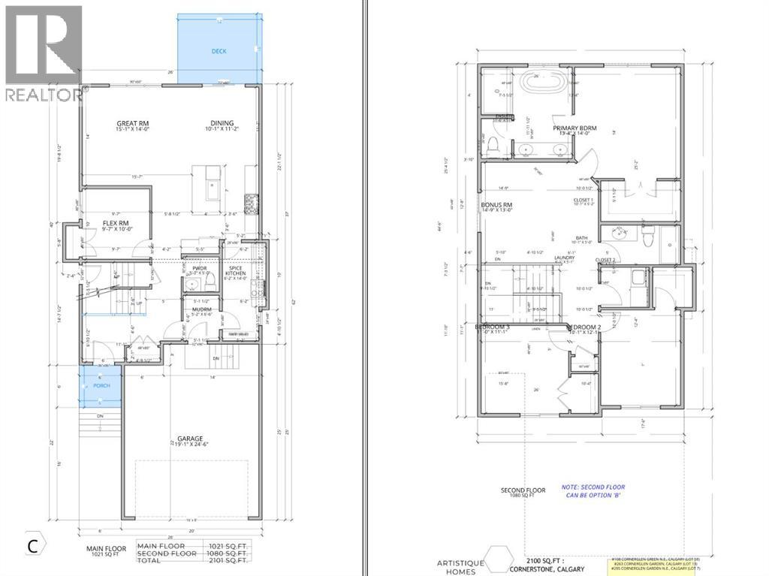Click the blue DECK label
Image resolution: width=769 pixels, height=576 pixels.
tap(219, 51)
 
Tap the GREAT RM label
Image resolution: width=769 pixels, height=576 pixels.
tap(135, 124)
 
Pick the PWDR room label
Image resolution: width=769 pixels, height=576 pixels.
tap(199, 268)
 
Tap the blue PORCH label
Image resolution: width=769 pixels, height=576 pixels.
tap(101, 385)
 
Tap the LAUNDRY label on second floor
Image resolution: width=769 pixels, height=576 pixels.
tap(564, 258)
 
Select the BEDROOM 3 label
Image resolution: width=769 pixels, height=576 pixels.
tap(493, 327)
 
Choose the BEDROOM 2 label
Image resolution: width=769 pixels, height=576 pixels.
tap(582, 327)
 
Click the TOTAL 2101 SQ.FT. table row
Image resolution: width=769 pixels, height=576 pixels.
tap(192, 560)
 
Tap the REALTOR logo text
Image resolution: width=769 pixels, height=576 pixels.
tap(43, 95)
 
